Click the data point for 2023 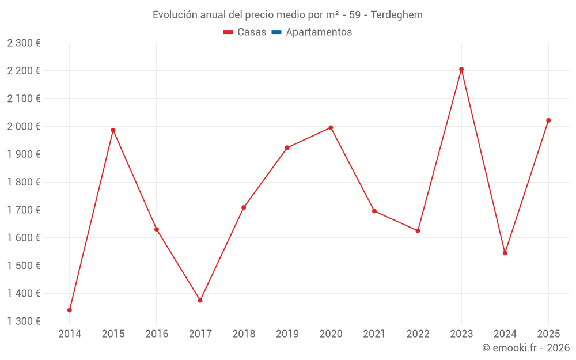click(x=461, y=69)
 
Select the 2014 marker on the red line click(x=70, y=310)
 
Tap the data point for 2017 click(x=200, y=300)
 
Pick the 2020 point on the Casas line click(x=331, y=127)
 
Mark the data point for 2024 click(x=505, y=253)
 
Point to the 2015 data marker click(x=113, y=130)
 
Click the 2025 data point click(x=548, y=120)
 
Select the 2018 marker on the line click(x=244, y=207)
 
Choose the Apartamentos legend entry click(x=319, y=32)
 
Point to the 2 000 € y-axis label click(x=24, y=126)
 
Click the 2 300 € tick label click(x=24, y=43)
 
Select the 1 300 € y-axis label click(x=24, y=321)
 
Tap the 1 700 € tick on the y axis click(x=24, y=210)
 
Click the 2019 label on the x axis click(x=287, y=334)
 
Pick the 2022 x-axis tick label click(x=418, y=334)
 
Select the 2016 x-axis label click(x=157, y=334)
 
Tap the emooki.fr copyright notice click(x=525, y=348)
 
